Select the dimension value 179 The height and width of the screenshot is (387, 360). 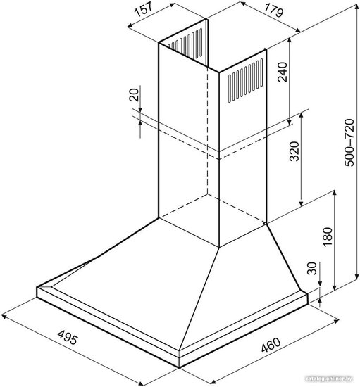pos(273,11)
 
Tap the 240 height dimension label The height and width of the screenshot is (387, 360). pos(283,72)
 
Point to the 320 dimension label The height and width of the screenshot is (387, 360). pos(294,151)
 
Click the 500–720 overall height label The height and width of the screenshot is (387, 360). pos(349,142)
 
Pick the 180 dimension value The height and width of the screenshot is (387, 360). pos(328,236)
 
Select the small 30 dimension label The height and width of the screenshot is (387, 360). pos(312,268)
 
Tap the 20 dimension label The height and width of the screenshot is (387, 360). pos(134,94)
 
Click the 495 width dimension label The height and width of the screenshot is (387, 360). pos(68,337)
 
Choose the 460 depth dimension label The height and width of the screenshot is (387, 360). pos(271,345)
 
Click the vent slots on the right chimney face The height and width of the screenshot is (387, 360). pos(245,80)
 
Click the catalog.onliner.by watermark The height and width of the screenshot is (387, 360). pos(328,379)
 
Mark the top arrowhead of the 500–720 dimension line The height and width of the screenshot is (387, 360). pos(356,6)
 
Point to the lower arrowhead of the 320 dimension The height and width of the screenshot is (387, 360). pos(301,203)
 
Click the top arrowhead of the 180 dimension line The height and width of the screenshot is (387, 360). pos(335,193)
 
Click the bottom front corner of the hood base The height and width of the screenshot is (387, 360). pos(179,367)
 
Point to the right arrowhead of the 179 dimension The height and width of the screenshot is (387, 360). pos(298,30)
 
